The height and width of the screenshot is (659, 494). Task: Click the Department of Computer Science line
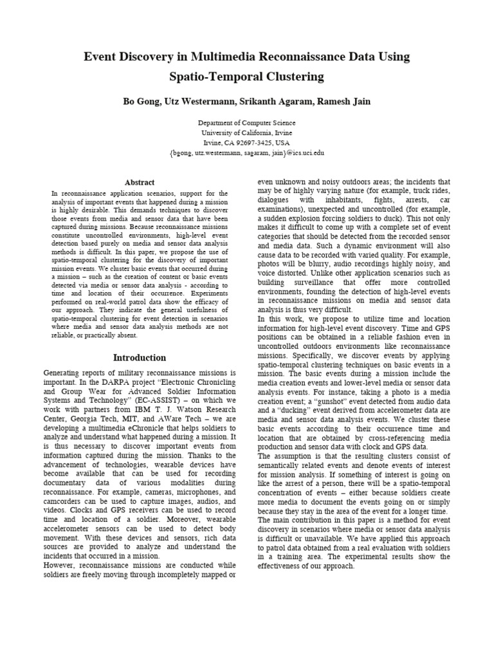pos(247,123)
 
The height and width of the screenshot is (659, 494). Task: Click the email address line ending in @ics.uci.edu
pos(247,153)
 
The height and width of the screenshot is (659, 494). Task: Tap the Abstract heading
pos(139,183)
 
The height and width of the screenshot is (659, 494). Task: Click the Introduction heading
pos(140,358)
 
